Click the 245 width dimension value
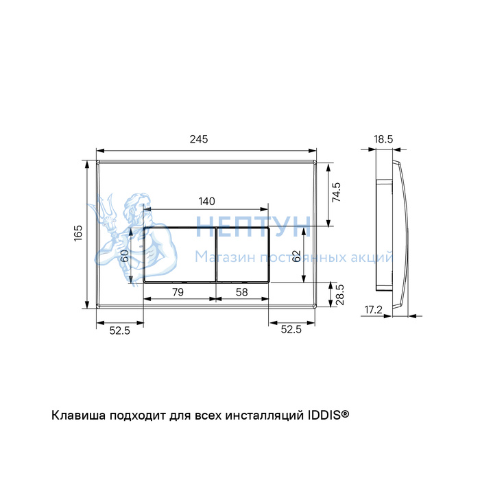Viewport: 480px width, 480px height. pos(199,139)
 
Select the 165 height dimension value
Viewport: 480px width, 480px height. pos(78,233)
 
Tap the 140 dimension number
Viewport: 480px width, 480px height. pos(206,202)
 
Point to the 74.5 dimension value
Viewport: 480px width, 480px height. pos(336,192)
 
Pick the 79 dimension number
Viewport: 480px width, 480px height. pos(178,292)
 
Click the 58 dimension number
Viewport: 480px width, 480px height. pos(241,292)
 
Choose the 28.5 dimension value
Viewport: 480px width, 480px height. pos(339,295)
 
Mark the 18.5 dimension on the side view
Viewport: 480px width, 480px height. pos(383,139)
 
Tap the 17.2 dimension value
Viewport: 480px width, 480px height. pos(374,310)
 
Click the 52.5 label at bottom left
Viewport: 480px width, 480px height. pos(120,331)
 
